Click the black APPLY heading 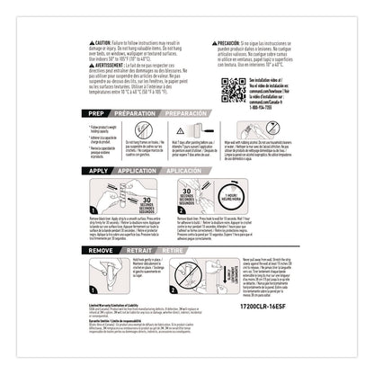coord(97,168)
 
